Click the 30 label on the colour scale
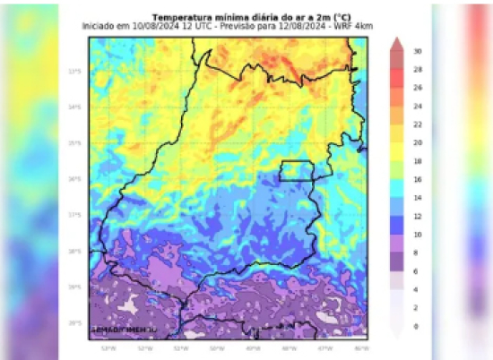point(418,51)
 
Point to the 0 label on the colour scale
point(416,327)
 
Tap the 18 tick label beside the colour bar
point(418,161)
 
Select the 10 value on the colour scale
point(418,235)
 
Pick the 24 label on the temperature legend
point(418,106)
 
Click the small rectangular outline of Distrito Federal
point(296,170)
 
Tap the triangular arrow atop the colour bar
point(396,42)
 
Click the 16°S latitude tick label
point(75,179)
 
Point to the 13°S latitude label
point(75,72)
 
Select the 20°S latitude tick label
point(75,322)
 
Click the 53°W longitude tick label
point(108,347)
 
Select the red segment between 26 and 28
point(396,78)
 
